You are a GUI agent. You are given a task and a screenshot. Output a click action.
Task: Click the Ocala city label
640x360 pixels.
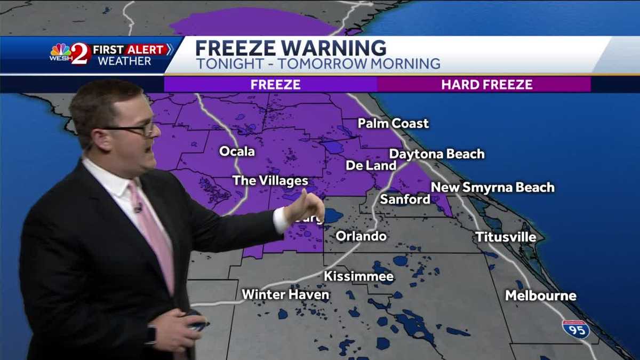coord(237,151)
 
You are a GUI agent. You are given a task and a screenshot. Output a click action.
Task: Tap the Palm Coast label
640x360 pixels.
coord(393,124)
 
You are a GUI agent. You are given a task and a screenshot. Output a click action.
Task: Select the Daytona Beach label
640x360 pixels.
coord(437,154)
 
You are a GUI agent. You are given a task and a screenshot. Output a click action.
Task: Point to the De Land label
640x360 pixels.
coord(371,165)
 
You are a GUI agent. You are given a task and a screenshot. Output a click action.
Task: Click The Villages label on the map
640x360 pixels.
coord(270,181)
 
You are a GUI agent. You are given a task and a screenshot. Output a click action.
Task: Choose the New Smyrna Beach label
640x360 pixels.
coord(492,187)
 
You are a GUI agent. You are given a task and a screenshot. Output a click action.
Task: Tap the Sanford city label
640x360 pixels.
coord(405,199)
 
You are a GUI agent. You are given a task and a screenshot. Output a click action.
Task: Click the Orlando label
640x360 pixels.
coord(361,236)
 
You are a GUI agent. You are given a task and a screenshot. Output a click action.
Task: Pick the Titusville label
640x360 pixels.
coord(505,237)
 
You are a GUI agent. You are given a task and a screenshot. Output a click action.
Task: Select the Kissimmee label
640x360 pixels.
coord(359,276)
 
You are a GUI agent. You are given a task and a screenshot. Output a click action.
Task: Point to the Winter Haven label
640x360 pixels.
coord(285,294)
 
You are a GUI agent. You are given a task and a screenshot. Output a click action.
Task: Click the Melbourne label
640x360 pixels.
coord(541,295)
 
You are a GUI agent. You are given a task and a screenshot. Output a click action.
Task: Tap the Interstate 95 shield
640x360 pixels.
coord(576,329)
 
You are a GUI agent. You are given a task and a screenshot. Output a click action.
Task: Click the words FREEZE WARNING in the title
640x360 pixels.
coord(291,48)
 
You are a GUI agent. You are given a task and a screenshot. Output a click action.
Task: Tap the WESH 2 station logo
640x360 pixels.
coord(69,54)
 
